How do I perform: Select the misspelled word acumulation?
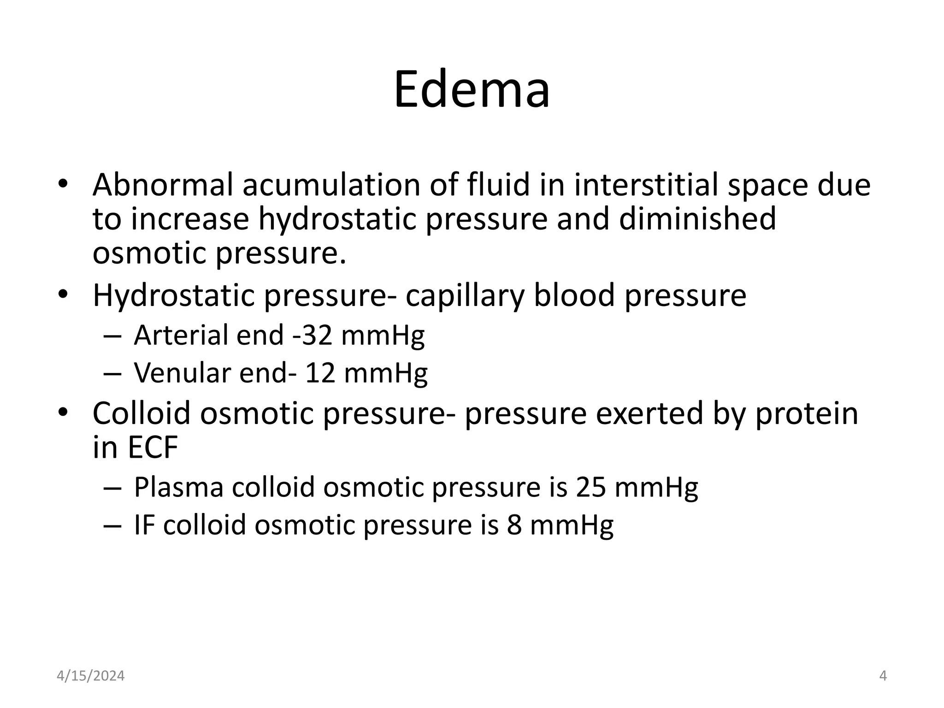click(331, 184)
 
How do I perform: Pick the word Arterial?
click(181, 335)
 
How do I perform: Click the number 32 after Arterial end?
click(317, 335)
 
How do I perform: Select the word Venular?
click(182, 372)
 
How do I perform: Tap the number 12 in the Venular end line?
click(320, 372)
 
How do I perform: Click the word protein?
click(806, 413)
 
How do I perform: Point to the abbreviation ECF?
click(153, 447)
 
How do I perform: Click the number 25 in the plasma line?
click(590, 487)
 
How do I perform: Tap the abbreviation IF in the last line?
click(143, 525)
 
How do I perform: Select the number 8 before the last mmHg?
click(514, 525)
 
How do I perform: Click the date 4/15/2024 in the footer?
click(91, 676)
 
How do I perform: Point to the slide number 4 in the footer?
click(883, 676)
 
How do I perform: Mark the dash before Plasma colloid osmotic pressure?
click(112, 488)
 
